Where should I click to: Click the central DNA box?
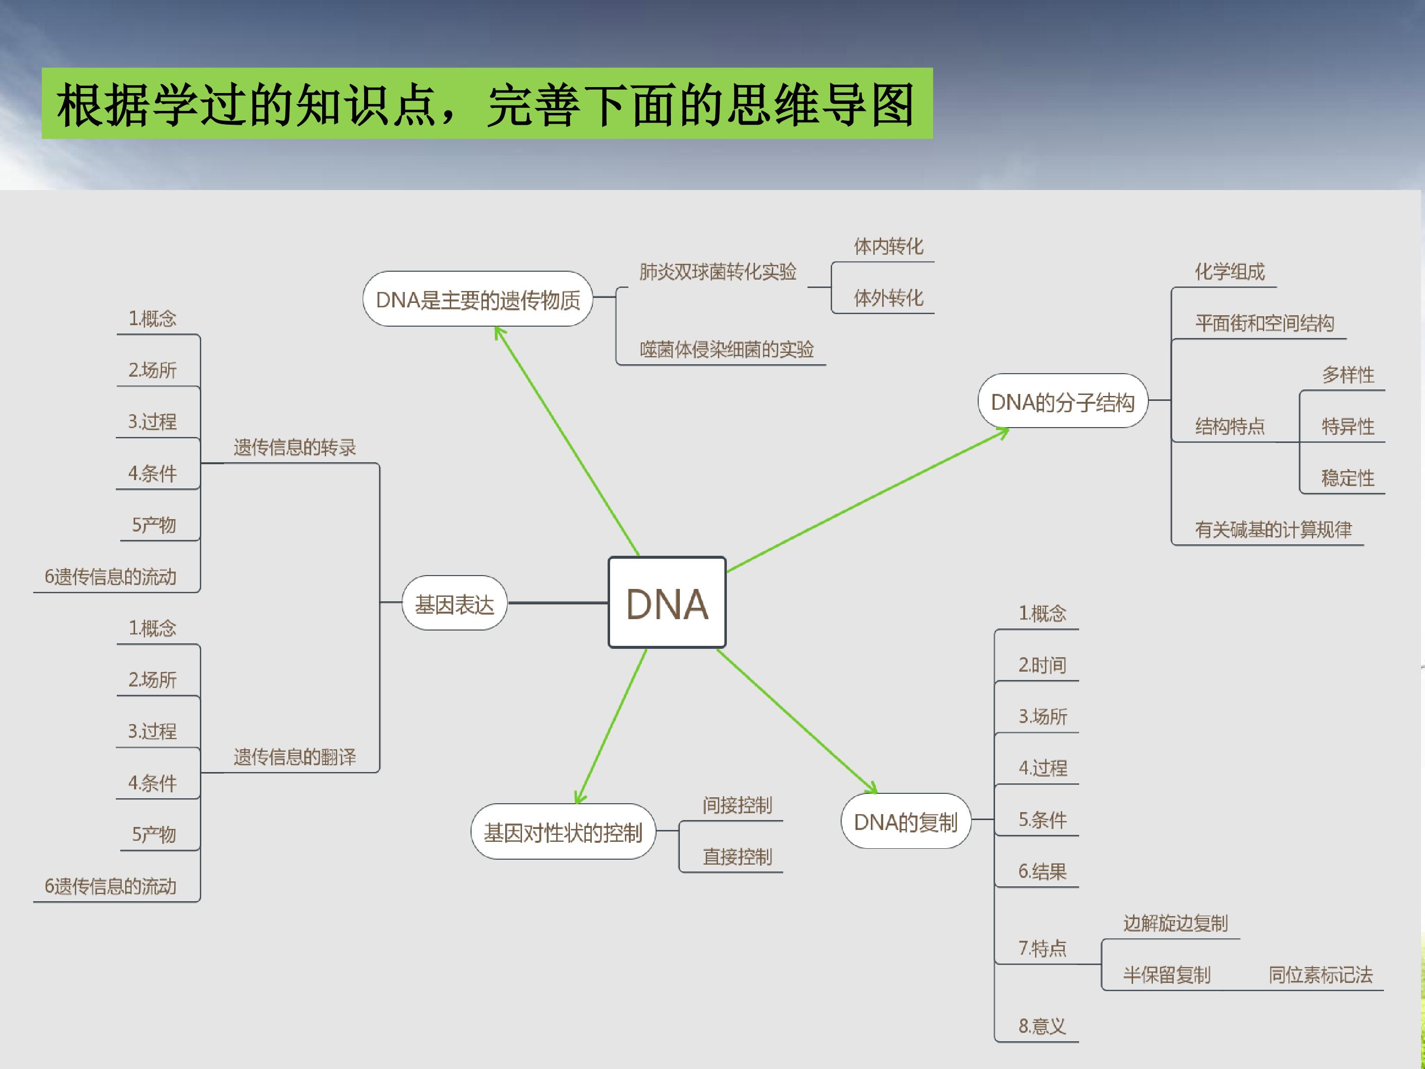click(667, 602)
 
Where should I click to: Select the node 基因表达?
click(454, 603)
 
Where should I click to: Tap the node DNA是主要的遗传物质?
click(477, 299)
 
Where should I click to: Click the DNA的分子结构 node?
click(1062, 401)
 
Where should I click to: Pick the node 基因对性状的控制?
click(563, 831)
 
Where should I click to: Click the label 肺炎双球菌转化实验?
click(717, 272)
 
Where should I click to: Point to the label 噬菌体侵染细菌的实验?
click(727, 349)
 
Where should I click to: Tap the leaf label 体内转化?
click(888, 246)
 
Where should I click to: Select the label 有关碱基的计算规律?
click(1273, 530)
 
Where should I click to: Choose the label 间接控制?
click(737, 805)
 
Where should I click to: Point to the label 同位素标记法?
click(1321, 975)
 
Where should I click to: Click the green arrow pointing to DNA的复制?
click(797, 721)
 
